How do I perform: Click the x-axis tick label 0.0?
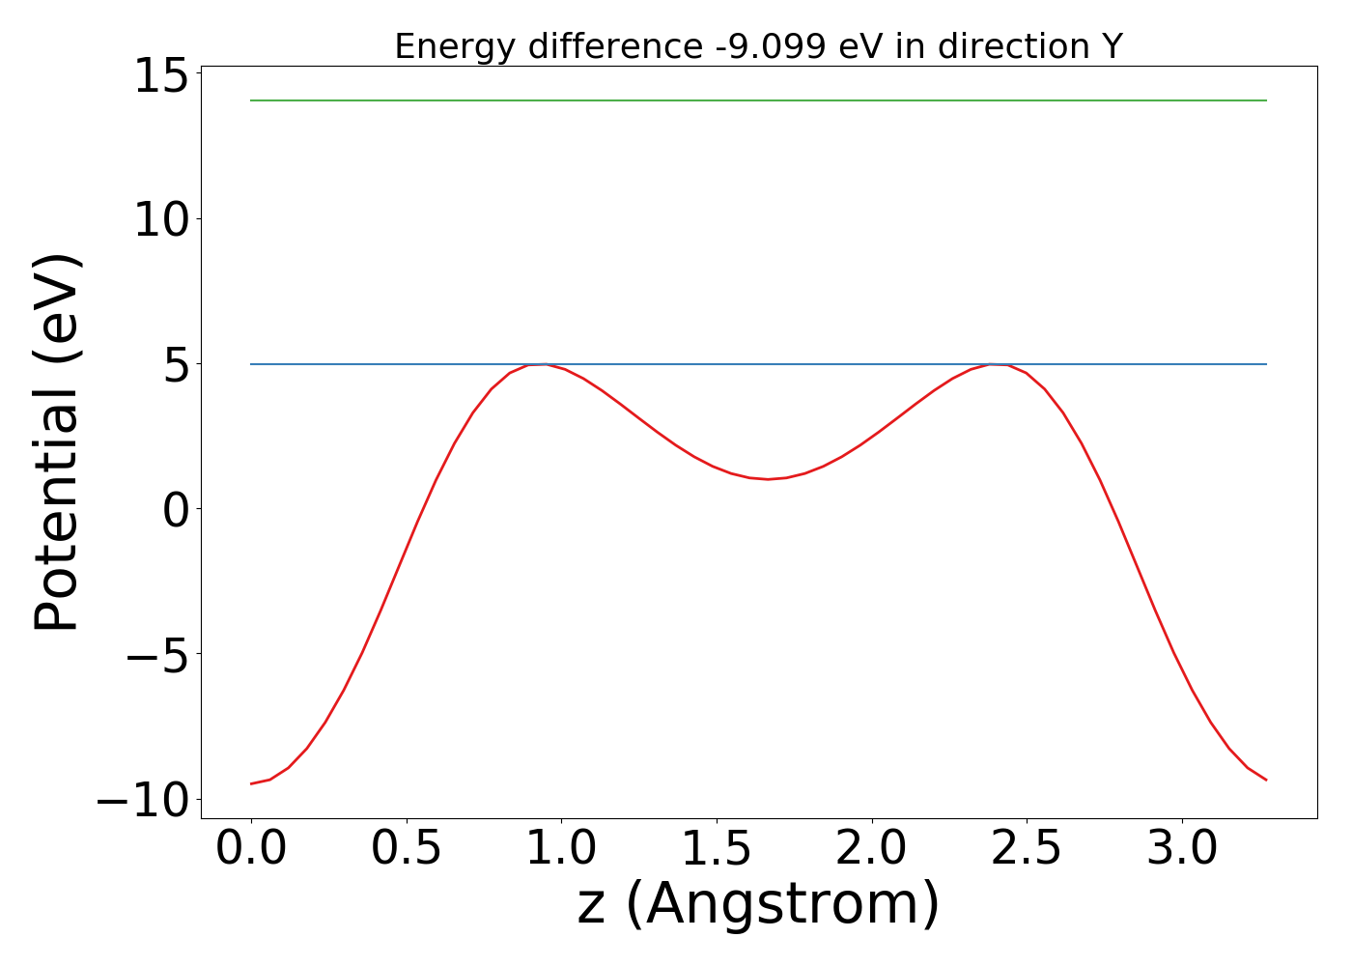(x=251, y=849)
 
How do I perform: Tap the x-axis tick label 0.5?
(x=407, y=849)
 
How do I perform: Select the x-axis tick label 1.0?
(x=562, y=849)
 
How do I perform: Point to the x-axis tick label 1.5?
(x=718, y=849)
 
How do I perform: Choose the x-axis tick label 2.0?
(x=872, y=849)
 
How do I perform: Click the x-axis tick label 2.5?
(x=1027, y=849)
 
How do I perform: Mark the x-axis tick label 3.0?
(x=1182, y=849)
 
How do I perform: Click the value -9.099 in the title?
(x=769, y=46)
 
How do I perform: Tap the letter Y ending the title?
(x=1113, y=46)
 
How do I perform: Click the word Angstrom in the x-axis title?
(x=782, y=905)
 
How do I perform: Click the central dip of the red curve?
(x=768, y=478)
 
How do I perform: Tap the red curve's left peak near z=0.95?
(x=544, y=364)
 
